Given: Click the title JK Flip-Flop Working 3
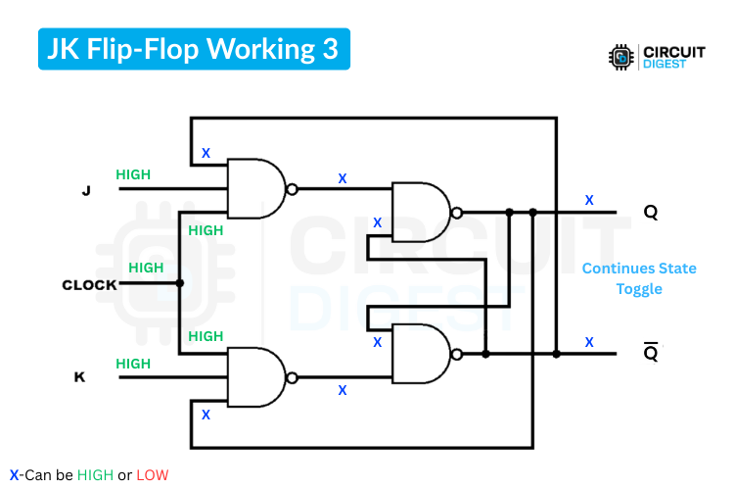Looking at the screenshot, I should pyautogui.click(x=194, y=49).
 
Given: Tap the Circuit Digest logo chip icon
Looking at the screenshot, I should pyautogui.click(x=619, y=58).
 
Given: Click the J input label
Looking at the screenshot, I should pyautogui.click(x=86, y=191).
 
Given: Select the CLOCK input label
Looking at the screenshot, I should pyautogui.click(x=89, y=285).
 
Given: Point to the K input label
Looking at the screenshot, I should pyautogui.click(x=79, y=377).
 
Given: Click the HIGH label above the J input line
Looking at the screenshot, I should pyautogui.click(x=133, y=174).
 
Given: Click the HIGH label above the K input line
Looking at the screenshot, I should pyautogui.click(x=133, y=364).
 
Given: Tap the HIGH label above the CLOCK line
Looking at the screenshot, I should pyautogui.click(x=146, y=268).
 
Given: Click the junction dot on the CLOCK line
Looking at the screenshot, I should pyautogui.click(x=180, y=284).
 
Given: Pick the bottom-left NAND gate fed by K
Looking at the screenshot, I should pyautogui.click(x=254, y=378).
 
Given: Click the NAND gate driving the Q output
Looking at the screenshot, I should pyautogui.click(x=420, y=212).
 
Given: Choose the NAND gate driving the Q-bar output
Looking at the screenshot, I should pyautogui.click(x=420, y=353).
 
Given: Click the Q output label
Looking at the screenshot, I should pyautogui.click(x=651, y=212).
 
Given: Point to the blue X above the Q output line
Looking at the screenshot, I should pyautogui.click(x=589, y=200).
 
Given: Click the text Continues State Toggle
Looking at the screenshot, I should pyautogui.click(x=639, y=278).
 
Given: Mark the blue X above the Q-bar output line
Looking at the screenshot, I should pyautogui.click(x=589, y=342).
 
